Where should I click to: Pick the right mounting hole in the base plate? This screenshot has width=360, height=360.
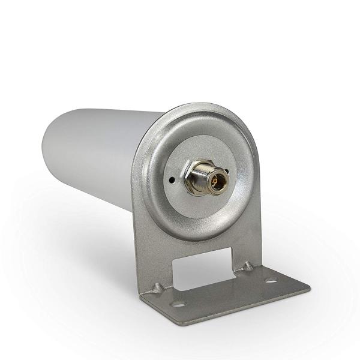271,280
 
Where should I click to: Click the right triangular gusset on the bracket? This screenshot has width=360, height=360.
247,265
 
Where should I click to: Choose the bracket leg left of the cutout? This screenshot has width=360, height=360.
155,258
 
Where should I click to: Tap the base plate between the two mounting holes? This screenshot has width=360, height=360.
225,293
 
